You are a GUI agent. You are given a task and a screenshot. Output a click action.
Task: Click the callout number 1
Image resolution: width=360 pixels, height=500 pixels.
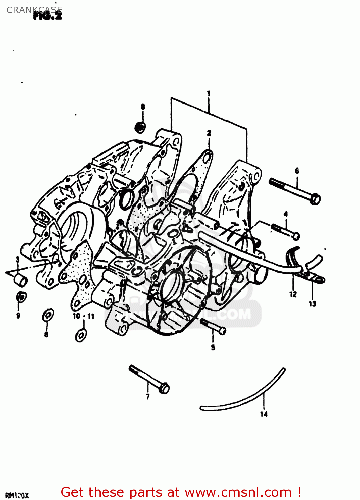(x=209, y=93)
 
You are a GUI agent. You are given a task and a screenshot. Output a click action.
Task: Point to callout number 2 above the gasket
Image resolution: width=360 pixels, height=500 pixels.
(x=209, y=133)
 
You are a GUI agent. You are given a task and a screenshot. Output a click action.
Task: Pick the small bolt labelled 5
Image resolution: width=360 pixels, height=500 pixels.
(x=213, y=326)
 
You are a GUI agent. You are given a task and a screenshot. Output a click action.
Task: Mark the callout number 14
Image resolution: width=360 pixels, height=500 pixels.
(x=264, y=414)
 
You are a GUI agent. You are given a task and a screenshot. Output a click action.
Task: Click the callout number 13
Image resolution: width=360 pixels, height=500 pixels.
(x=312, y=304)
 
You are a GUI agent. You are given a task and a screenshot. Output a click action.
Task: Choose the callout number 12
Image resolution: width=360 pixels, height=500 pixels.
(x=293, y=294)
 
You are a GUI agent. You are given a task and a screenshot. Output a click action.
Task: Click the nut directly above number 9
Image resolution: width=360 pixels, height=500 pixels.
(x=21, y=297)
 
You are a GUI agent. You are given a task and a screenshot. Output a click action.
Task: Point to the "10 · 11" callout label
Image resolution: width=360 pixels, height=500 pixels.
(x=83, y=316)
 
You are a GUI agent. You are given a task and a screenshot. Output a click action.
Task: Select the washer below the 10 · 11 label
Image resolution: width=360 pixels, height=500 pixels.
(x=81, y=335)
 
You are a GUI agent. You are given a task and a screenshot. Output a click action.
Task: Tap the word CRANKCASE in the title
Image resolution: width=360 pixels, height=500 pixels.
(x=34, y=10)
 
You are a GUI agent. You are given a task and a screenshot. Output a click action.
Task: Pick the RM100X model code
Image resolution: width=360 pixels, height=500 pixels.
(x=17, y=496)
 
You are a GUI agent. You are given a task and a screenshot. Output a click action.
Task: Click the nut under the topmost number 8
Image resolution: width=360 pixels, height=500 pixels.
(x=140, y=127)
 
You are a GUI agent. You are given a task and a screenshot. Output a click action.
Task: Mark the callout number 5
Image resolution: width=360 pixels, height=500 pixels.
(x=213, y=348)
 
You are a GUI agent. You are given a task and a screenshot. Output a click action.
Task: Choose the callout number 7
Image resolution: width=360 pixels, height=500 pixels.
(x=148, y=396)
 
